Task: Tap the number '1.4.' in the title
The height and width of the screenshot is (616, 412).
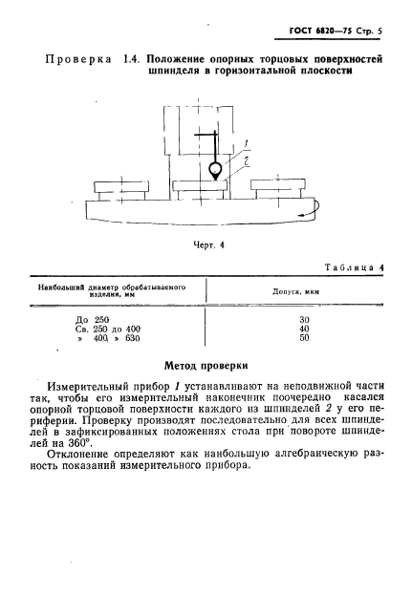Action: pyautogui.click(x=132, y=61)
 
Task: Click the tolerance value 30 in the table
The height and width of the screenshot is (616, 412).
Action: pyautogui.click(x=305, y=318)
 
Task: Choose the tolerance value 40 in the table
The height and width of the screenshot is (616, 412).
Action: pyautogui.click(x=305, y=328)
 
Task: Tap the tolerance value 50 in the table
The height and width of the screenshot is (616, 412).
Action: pyautogui.click(x=305, y=338)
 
